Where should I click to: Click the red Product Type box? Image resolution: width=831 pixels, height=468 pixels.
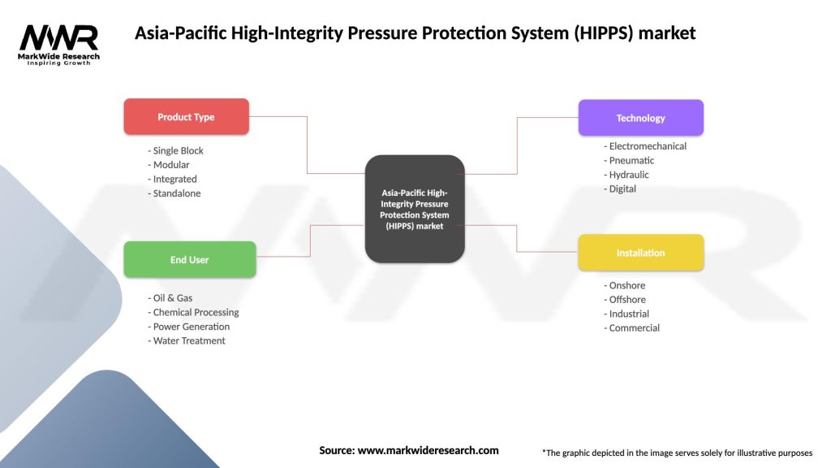pyautogui.click(x=186, y=117)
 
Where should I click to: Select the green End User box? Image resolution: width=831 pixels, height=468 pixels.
pyautogui.click(x=189, y=260)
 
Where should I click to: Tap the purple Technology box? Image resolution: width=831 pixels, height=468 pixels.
pyautogui.click(x=640, y=118)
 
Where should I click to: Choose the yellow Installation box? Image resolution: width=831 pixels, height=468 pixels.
pyautogui.click(x=640, y=253)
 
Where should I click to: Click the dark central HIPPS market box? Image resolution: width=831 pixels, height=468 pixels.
pyautogui.click(x=415, y=209)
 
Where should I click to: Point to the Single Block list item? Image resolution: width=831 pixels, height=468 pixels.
pyautogui.click(x=176, y=151)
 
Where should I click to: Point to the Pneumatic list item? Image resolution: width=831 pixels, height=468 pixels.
pyautogui.click(x=632, y=161)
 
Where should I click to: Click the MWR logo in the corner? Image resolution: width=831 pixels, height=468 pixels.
pyautogui.click(x=59, y=43)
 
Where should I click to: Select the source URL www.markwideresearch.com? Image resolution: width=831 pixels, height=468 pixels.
pyautogui.click(x=428, y=450)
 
